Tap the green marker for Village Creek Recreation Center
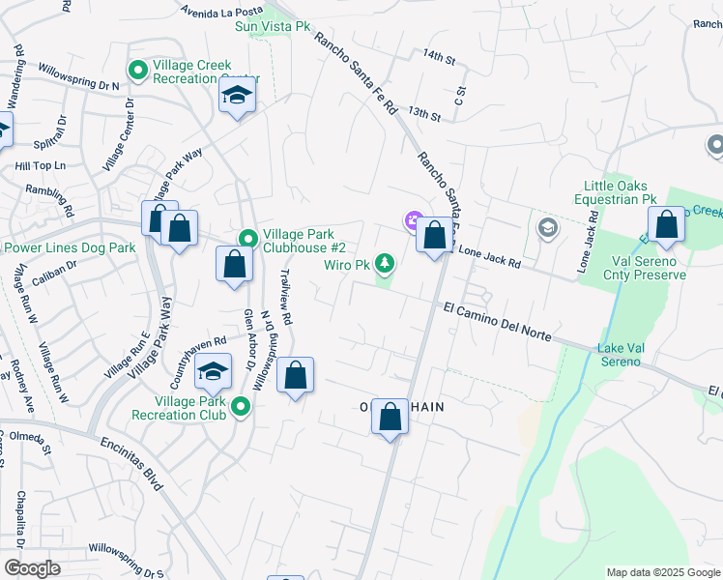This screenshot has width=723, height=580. coord(137,70)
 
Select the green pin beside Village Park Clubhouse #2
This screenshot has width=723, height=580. coord(247,238)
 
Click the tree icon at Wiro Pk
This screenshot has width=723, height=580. coord(385,263)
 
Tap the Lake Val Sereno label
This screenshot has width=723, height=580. coord(619,355)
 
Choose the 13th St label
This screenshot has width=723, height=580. coord(423,115)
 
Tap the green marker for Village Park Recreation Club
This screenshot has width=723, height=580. coord(238,408)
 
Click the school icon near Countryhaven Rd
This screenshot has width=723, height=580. coord(214,371)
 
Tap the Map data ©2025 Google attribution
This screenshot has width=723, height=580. coord(663,572)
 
